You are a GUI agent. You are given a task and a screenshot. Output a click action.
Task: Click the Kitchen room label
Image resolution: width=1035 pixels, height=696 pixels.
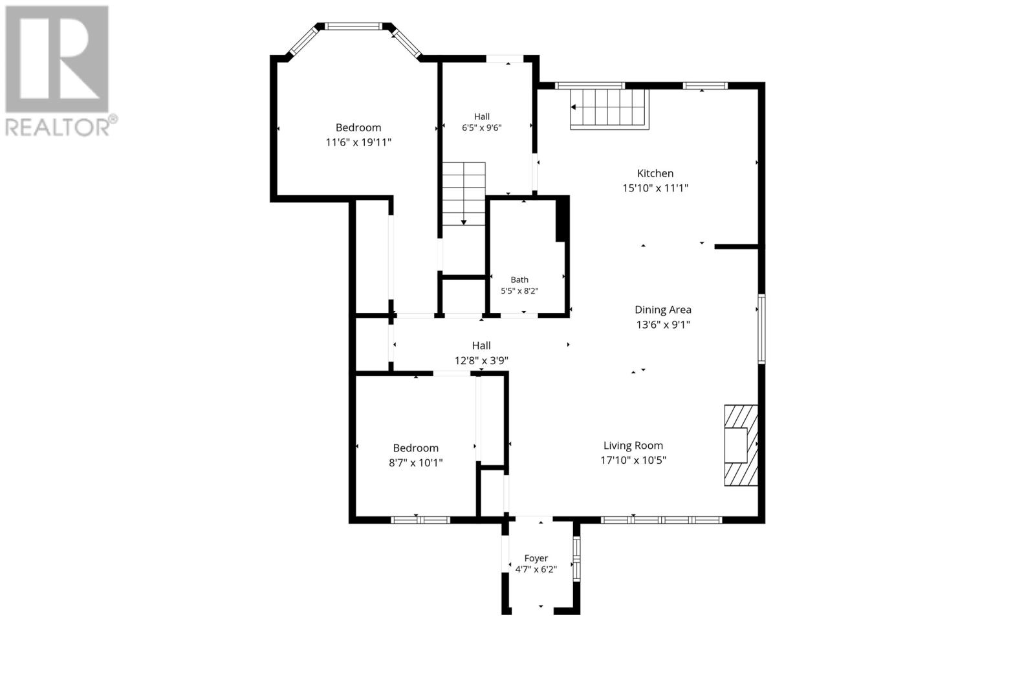(655, 173)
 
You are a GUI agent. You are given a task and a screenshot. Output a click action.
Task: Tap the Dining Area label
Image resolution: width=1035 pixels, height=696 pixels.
(663, 310)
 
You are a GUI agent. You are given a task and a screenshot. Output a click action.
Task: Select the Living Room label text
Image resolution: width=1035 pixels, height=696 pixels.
(633, 446)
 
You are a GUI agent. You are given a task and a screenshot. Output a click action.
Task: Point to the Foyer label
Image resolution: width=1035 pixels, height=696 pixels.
(536, 558)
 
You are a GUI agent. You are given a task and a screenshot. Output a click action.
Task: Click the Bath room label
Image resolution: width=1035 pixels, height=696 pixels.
(519, 279)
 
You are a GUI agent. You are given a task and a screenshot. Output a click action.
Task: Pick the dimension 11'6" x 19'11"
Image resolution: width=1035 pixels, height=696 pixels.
(358, 142)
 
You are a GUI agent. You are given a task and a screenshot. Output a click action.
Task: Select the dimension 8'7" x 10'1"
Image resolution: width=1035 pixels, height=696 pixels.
(416, 462)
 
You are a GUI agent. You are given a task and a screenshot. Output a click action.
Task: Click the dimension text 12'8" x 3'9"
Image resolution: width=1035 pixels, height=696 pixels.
(481, 360)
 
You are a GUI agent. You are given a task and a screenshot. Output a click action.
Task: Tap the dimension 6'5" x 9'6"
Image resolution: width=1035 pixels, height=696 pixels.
(482, 127)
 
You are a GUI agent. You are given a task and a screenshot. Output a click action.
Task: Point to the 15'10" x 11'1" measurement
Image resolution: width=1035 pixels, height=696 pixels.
(655, 188)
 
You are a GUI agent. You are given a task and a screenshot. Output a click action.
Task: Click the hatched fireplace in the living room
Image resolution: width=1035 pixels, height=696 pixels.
(741, 446)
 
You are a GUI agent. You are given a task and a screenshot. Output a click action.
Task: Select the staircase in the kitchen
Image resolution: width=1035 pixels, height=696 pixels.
(609, 109)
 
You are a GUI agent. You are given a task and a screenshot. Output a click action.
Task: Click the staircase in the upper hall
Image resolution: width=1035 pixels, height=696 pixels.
(464, 193)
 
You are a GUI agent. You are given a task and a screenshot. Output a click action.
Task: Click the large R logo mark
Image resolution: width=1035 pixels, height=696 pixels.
(57, 59)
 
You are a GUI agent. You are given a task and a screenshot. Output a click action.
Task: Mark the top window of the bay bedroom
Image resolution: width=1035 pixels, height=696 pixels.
(353, 27)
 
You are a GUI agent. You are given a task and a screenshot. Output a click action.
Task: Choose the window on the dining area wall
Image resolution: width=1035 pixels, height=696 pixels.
(761, 329)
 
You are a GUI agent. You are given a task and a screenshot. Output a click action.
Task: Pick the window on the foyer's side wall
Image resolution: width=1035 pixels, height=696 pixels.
(576, 558)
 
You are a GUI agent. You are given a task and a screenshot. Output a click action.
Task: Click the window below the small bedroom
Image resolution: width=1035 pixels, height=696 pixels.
(420, 520)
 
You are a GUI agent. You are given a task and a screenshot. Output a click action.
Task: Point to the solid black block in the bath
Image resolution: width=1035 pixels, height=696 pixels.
(562, 219)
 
